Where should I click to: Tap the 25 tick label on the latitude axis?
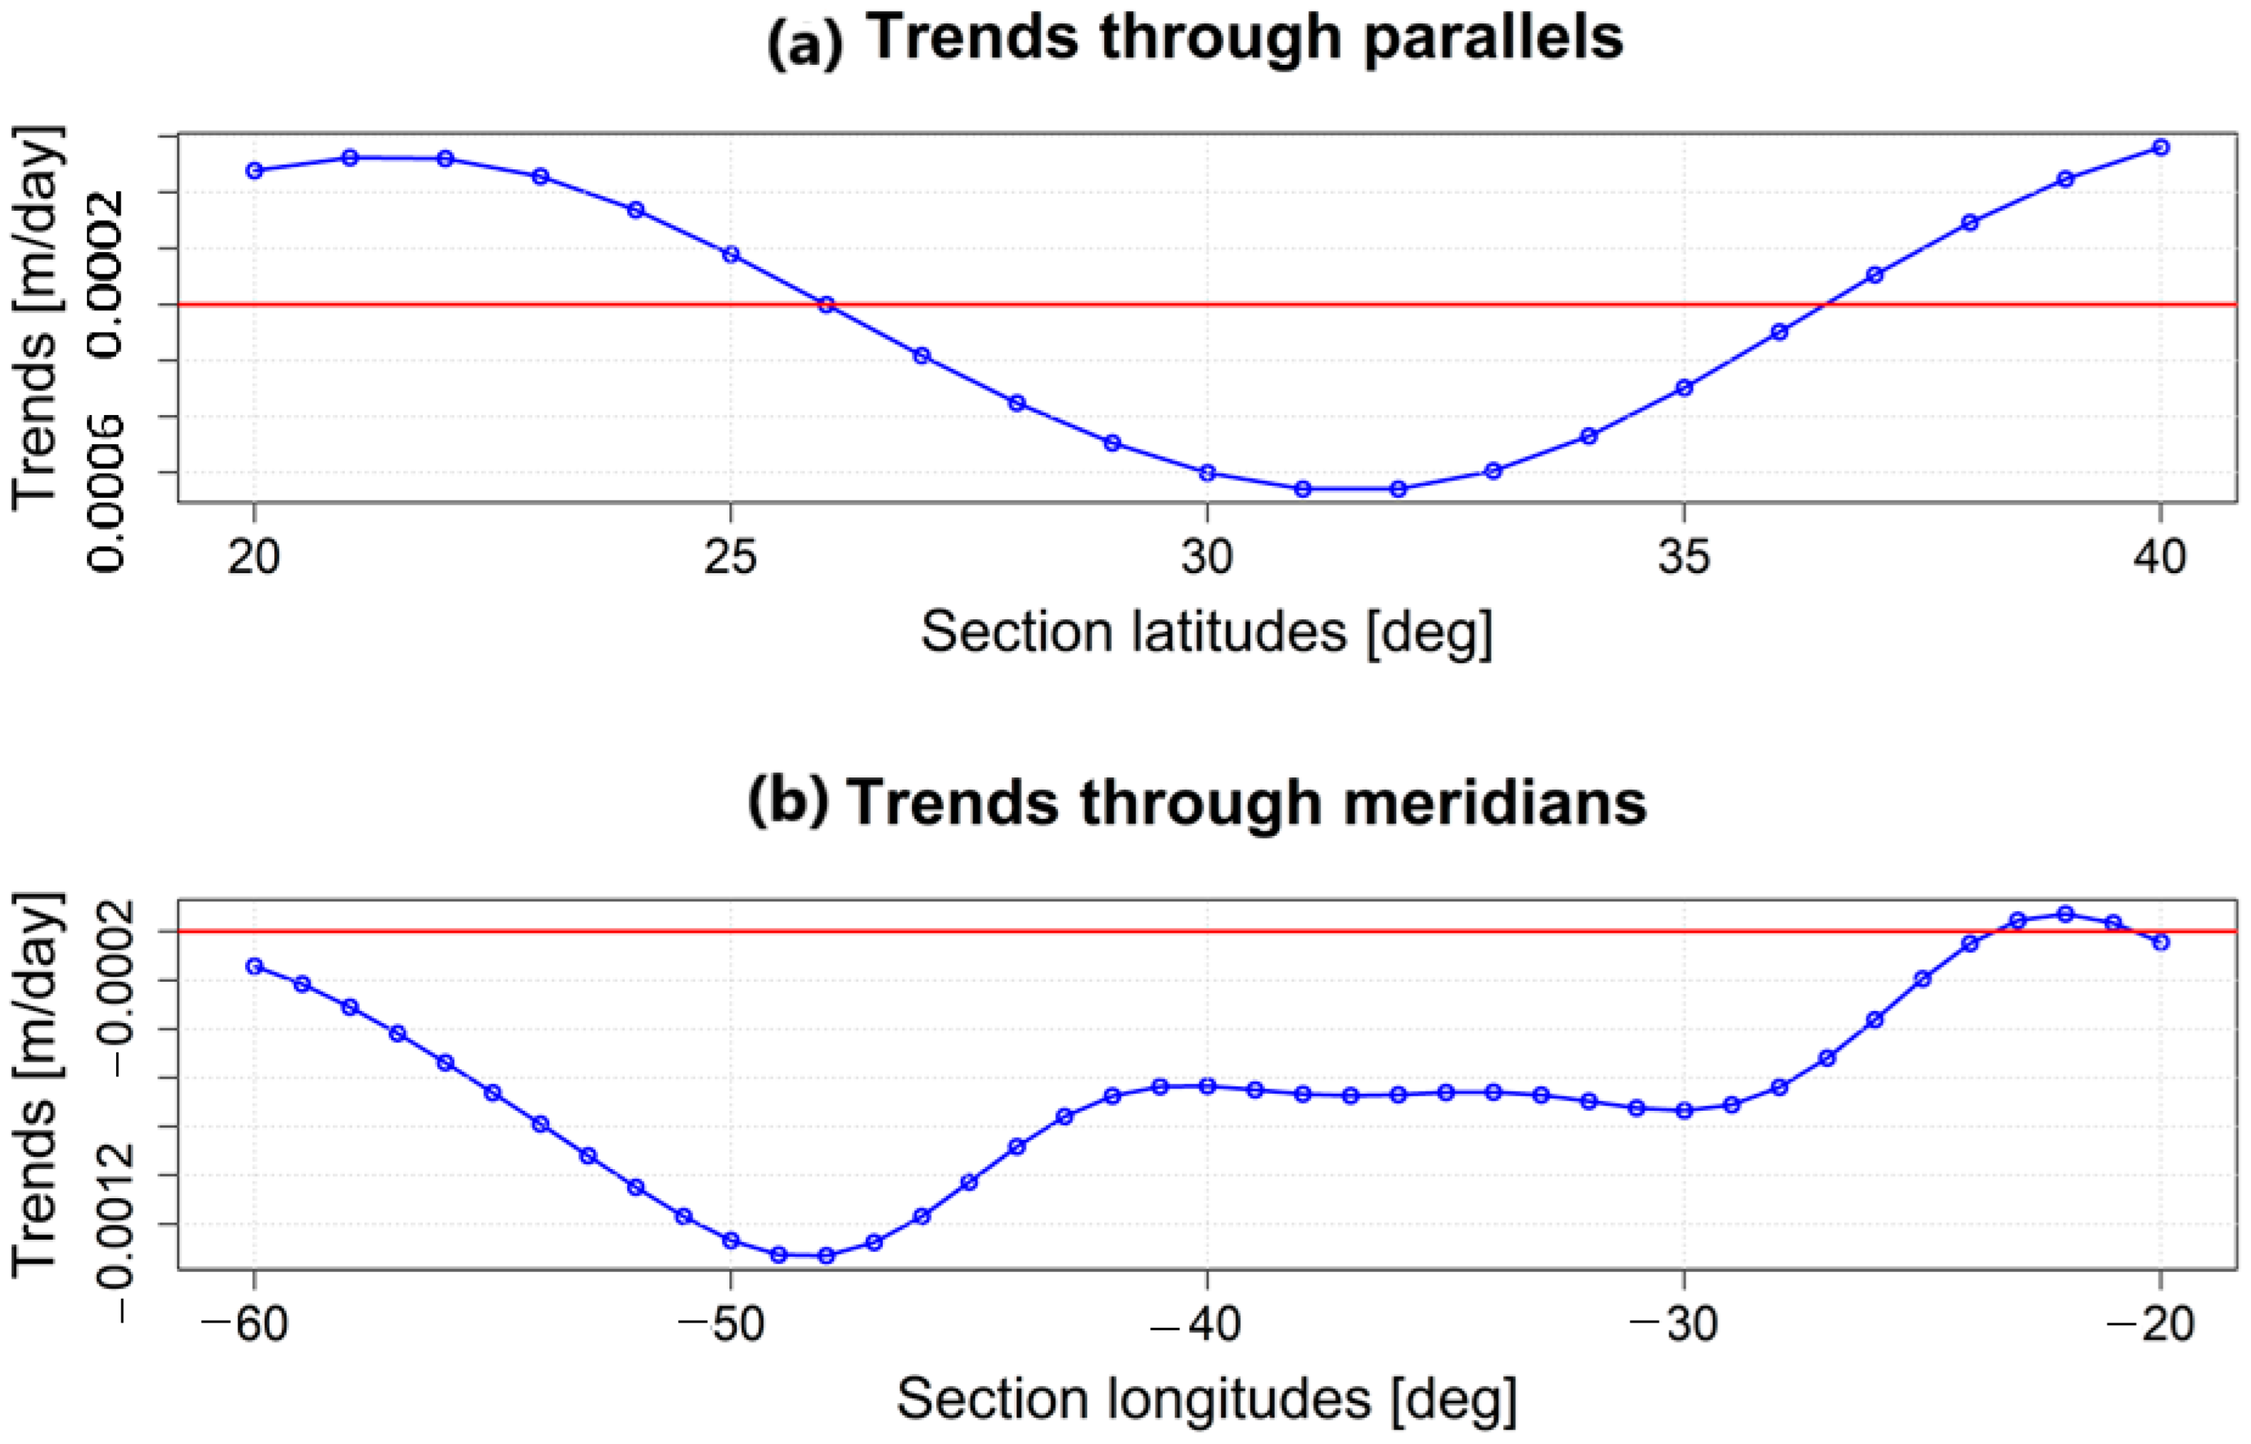pos(730,557)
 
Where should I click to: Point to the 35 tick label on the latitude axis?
pos(1683,557)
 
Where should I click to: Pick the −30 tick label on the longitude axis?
pos(1675,1324)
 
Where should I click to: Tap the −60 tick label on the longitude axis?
pos(246,1324)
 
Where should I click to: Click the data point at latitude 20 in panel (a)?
pos(254,171)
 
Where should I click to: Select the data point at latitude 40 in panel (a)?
pos(2161,147)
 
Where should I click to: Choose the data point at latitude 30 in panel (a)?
pos(1208,473)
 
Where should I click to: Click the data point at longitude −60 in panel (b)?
pos(254,965)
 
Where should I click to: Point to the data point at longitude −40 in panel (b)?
pos(1208,1087)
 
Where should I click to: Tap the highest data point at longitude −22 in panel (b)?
pos(2065,914)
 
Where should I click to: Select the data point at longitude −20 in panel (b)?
pos(2161,941)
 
